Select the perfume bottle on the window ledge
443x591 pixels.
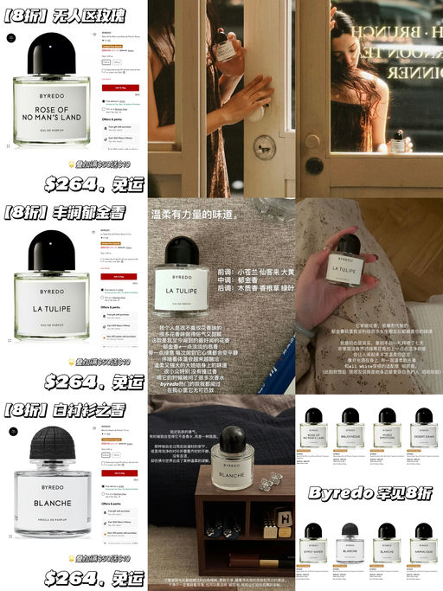[399, 144]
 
